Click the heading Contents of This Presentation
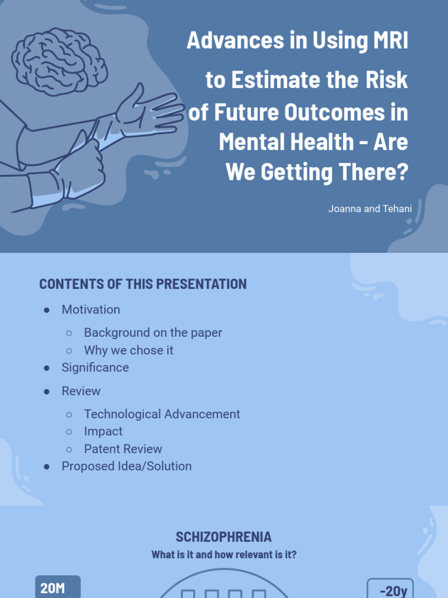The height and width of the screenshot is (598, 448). (x=143, y=284)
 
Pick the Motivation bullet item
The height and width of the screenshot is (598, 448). (x=90, y=310)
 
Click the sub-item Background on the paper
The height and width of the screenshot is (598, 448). (x=153, y=332)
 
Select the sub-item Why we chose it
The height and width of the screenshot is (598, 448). (x=128, y=350)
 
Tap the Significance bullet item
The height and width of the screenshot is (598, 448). (x=95, y=367)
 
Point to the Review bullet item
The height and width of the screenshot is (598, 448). (x=81, y=391)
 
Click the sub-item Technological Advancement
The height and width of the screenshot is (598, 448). (x=162, y=414)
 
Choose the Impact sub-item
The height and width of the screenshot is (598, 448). (x=103, y=432)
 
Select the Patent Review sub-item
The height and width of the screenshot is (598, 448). (x=123, y=449)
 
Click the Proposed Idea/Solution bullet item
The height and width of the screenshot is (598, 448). (x=127, y=466)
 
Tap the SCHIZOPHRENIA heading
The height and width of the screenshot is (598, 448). (x=223, y=537)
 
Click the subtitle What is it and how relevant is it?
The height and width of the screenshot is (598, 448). (x=223, y=554)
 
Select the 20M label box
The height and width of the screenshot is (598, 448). (x=58, y=587)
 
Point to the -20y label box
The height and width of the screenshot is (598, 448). (x=392, y=590)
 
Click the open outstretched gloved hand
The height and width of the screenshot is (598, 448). (x=149, y=111)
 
